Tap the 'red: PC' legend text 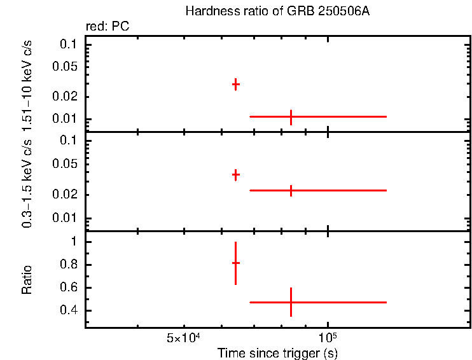click(108, 27)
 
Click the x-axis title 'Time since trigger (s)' click(277, 352)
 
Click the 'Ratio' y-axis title click(27, 279)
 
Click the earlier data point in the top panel click(235, 84)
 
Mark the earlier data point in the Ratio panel click(235, 263)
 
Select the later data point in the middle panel click(291, 190)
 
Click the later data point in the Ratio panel click(291, 302)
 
